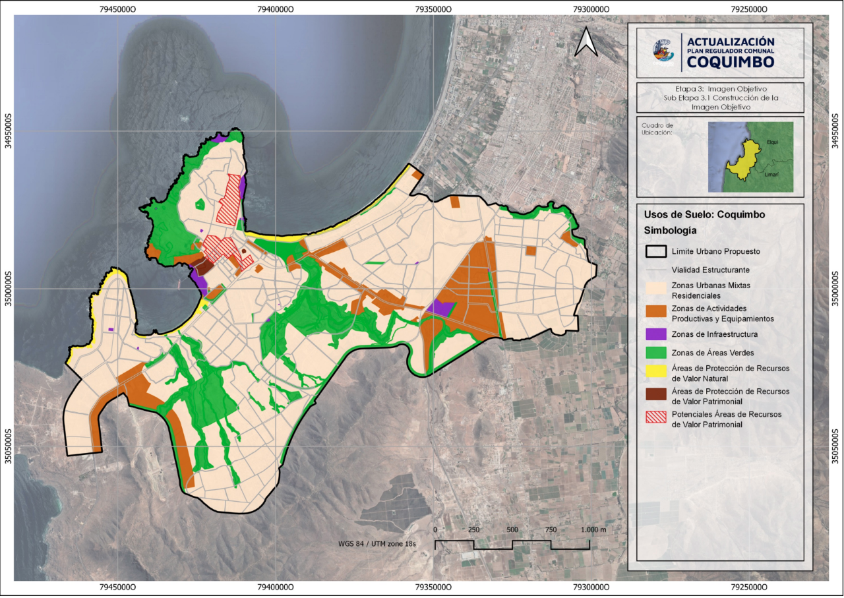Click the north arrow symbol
coord(586,44)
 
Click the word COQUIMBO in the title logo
coord(731,61)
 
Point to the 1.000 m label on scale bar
coord(594,531)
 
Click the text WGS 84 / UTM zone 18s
coord(379,545)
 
